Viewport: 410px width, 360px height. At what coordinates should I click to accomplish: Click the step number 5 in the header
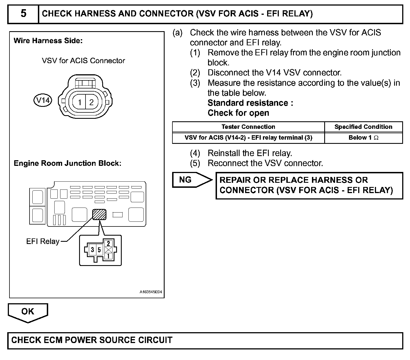(x=23, y=14)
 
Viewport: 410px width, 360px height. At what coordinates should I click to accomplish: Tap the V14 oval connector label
(x=43, y=100)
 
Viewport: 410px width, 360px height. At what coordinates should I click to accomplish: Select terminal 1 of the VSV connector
(x=80, y=102)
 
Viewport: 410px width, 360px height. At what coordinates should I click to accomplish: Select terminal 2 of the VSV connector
(x=91, y=102)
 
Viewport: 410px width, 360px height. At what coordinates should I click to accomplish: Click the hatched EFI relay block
(x=99, y=214)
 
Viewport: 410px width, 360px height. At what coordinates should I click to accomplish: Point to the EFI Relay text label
(x=43, y=241)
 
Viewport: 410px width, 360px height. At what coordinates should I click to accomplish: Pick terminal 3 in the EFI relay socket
(x=92, y=250)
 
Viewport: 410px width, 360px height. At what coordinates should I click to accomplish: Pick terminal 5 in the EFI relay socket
(x=99, y=250)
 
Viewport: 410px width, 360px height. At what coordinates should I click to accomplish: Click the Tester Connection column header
(x=248, y=127)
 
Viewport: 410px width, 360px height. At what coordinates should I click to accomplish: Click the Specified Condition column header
(x=363, y=127)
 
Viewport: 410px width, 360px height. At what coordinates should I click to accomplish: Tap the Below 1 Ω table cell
(x=363, y=138)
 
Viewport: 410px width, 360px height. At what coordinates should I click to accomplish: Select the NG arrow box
(x=189, y=180)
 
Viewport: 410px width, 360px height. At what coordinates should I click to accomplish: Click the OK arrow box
(x=28, y=312)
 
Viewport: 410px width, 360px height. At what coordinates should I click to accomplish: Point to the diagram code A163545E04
(x=151, y=292)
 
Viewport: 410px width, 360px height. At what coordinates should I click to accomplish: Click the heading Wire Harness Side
(x=48, y=41)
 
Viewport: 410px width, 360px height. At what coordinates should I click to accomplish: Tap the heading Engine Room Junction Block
(x=67, y=163)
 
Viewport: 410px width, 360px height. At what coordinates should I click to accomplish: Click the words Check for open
(x=238, y=113)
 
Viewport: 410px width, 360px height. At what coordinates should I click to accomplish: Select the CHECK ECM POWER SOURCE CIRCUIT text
(x=92, y=340)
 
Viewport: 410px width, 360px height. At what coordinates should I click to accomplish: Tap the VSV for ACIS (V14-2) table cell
(x=248, y=138)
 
